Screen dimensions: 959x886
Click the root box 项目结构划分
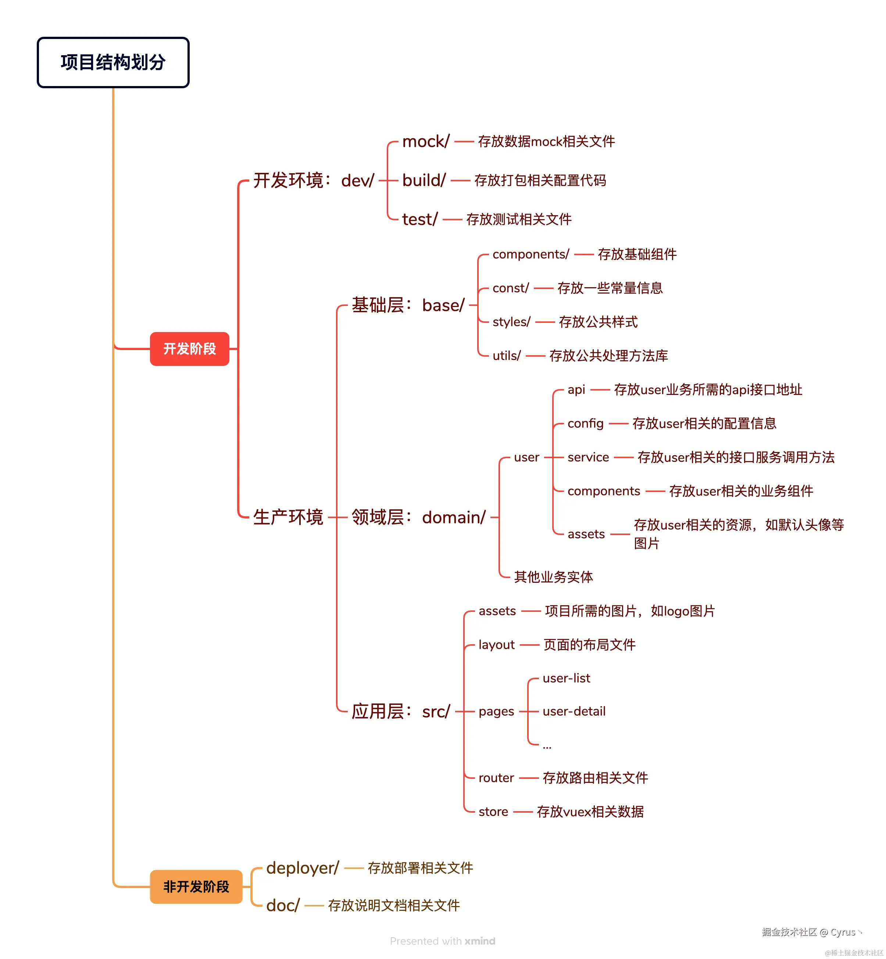(x=113, y=63)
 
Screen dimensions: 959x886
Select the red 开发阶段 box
(x=189, y=349)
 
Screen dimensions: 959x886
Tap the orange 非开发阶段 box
(x=196, y=887)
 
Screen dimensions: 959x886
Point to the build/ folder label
(x=424, y=180)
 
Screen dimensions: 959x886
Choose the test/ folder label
(x=419, y=219)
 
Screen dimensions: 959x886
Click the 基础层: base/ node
(x=408, y=305)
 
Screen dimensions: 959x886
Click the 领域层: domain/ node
(x=418, y=517)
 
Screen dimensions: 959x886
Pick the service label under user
(x=588, y=457)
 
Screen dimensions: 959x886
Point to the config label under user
(x=585, y=423)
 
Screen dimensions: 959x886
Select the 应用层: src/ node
(x=401, y=711)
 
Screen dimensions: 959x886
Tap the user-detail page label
(x=574, y=711)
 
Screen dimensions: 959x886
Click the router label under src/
(x=496, y=777)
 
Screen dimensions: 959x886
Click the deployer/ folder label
(x=303, y=867)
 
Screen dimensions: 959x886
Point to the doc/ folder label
(x=283, y=905)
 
